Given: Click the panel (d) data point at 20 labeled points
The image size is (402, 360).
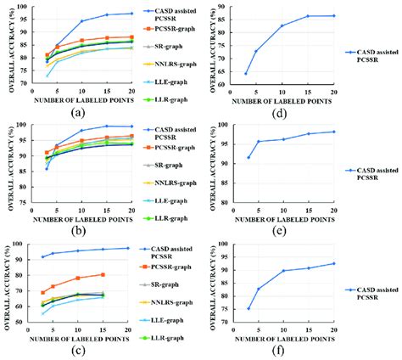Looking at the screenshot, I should (x=332, y=15).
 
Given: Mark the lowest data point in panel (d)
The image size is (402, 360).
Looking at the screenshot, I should (x=246, y=73).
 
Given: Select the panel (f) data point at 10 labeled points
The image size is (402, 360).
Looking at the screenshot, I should (x=282, y=271).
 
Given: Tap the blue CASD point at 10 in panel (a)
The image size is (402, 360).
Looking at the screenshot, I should (x=82, y=20).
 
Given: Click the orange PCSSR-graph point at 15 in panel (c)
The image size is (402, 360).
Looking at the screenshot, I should (x=103, y=274).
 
